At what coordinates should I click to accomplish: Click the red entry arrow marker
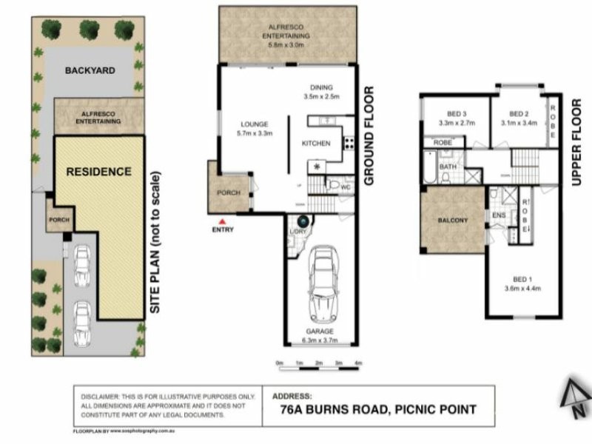coord(220,221)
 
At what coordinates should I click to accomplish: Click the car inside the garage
coord(323,282)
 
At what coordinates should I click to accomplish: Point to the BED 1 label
coord(522,279)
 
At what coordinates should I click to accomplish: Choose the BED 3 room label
coord(451,113)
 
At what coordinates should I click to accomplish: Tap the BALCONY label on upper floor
coord(451,220)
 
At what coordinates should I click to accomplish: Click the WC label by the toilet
coord(346,186)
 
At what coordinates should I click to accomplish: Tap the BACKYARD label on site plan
coord(90,70)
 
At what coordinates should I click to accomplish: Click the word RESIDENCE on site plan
coord(98,172)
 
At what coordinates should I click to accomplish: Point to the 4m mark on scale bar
coord(358,363)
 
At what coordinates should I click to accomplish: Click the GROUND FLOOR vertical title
coord(369,136)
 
